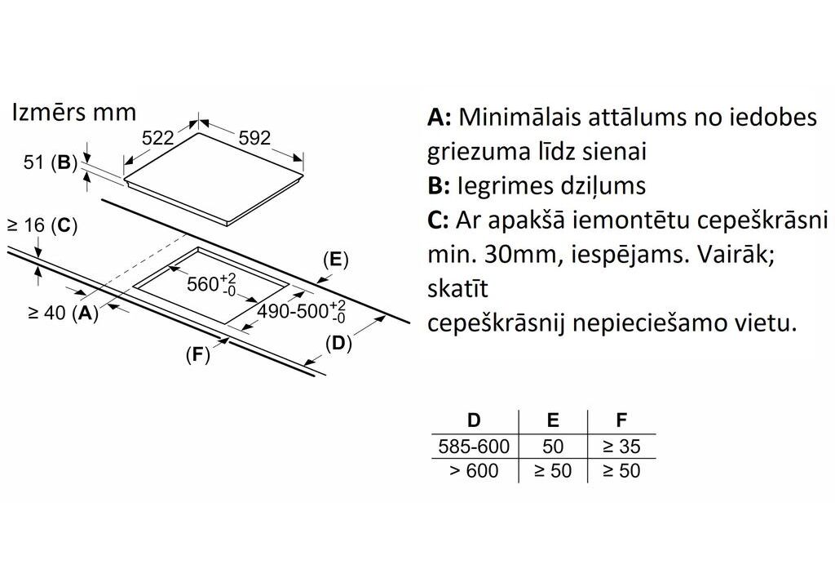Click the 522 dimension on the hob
(x=158, y=139)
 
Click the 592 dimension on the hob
(x=254, y=139)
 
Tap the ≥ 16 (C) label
(x=42, y=226)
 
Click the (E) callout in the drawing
(x=335, y=260)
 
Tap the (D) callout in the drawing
(x=338, y=344)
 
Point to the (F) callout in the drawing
(x=197, y=355)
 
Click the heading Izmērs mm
(x=73, y=112)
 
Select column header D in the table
(x=474, y=421)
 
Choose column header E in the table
(x=553, y=421)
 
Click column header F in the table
(x=621, y=421)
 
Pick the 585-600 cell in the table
(x=474, y=447)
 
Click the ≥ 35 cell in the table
(x=621, y=447)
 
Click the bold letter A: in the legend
(x=439, y=117)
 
